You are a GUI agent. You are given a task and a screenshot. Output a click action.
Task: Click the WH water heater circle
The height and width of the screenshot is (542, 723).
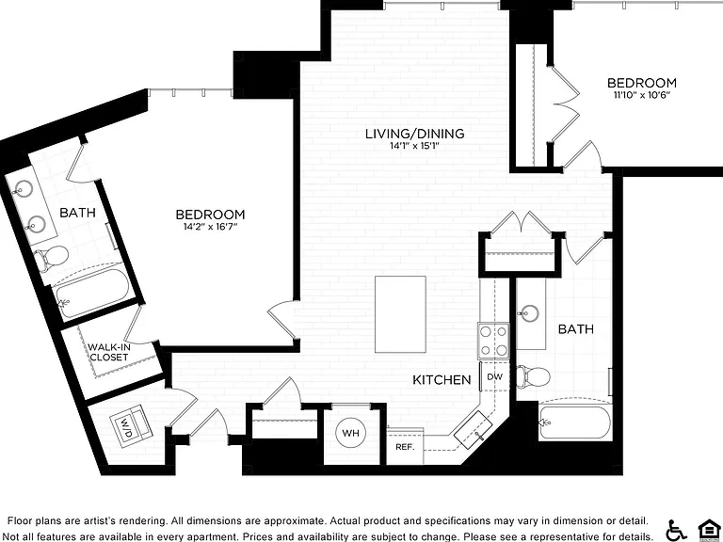click(351, 433)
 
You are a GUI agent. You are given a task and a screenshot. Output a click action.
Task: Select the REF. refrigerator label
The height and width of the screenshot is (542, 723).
click(405, 447)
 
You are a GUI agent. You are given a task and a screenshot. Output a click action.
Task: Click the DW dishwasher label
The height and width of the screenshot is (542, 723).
click(495, 376)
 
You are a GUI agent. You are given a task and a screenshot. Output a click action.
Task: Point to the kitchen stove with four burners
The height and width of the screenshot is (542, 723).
click(493, 341)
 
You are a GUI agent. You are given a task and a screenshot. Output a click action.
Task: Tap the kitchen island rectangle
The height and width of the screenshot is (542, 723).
click(400, 314)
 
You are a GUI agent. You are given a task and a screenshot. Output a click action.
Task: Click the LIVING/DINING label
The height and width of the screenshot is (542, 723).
click(414, 134)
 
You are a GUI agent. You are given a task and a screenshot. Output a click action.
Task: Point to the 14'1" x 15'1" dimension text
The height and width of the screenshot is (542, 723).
click(414, 146)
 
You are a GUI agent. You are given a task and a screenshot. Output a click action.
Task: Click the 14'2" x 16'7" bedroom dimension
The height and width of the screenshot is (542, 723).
click(210, 226)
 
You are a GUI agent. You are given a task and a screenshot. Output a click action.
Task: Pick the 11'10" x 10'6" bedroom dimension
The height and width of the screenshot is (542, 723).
click(641, 95)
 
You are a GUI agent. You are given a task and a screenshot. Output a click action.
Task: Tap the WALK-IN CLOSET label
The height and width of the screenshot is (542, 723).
click(109, 352)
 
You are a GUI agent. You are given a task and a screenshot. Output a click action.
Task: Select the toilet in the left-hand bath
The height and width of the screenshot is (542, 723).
click(51, 257)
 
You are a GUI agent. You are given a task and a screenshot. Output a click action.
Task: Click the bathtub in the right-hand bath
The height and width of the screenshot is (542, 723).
click(575, 422)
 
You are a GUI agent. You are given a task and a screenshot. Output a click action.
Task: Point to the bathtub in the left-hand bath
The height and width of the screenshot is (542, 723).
click(90, 292)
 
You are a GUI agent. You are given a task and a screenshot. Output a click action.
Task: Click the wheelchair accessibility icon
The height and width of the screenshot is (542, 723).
click(677, 530)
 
